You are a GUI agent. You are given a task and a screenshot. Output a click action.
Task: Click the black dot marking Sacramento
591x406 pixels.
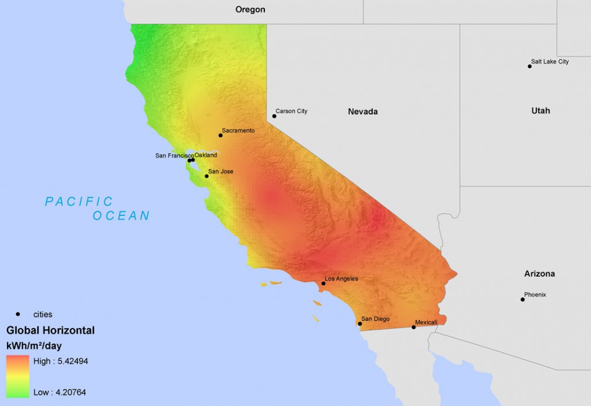[220, 135]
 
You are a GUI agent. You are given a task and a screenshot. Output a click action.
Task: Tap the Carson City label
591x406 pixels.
[291, 111]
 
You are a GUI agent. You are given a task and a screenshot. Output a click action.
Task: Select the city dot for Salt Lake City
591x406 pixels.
[530, 66]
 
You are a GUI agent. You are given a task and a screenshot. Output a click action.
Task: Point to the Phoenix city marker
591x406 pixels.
[523, 299]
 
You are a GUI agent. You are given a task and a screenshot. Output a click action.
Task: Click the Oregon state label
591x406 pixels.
[250, 9]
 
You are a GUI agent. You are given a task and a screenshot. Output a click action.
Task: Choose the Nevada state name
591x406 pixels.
[362, 111]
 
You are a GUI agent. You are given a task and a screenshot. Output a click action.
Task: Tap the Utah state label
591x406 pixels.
[541, 110]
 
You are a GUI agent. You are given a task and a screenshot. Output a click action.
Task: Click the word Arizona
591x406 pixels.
[540, 273]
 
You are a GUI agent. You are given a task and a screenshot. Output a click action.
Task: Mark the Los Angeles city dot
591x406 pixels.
[323, 284]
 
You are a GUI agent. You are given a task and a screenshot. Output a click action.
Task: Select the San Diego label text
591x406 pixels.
[376, 319]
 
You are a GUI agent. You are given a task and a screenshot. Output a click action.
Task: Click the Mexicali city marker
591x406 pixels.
[413, 327]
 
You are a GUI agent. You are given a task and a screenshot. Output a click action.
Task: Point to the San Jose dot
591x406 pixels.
[207, 176]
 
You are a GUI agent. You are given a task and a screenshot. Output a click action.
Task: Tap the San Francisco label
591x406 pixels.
[174, 156]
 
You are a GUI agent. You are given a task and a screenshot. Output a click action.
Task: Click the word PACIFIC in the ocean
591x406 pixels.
[80, 202]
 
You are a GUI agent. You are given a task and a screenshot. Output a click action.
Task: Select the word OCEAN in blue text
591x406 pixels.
[121, 216]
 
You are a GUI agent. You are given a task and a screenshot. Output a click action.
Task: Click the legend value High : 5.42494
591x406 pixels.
[61, 361]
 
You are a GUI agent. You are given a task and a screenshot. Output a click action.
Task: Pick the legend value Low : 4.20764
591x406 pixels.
[59, 392]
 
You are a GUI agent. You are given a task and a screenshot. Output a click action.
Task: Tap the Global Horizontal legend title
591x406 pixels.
[50, 330]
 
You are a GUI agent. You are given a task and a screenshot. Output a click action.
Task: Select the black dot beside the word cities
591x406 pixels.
[18, 314]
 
